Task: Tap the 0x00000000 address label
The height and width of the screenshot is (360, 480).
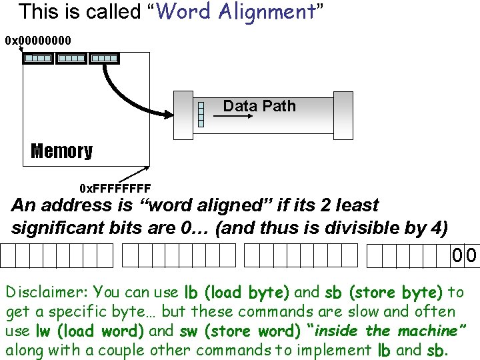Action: [x=38, y=41]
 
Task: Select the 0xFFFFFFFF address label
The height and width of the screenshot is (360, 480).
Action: [x=115, y=188]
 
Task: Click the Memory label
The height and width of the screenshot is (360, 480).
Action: [x=61, y=151]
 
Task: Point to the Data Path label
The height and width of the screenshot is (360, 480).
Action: [x=259, y=106]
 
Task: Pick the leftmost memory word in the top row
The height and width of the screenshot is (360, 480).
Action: [x=37, y=59]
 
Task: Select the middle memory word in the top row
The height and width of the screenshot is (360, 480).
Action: [x=71, y=59]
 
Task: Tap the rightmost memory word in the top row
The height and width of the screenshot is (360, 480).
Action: [x=104, y=59]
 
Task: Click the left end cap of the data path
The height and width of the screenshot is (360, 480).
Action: [x=183, y=115]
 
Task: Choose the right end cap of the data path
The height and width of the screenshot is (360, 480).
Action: [x=343, y=115]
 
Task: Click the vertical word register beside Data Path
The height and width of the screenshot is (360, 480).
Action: [x=201, y=114]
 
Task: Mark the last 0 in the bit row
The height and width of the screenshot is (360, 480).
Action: [x=471, y=255]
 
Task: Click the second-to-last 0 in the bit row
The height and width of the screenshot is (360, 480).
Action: [x=457, y=255]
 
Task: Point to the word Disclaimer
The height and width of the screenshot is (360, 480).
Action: [x=47, y=292]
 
